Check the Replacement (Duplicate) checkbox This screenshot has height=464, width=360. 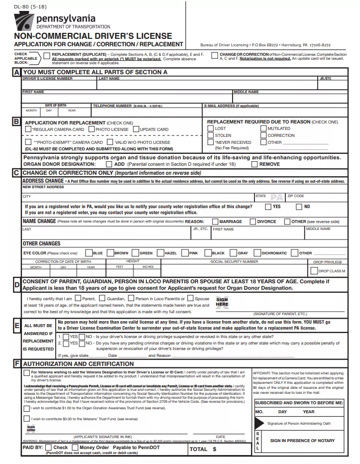[x=47, y=56]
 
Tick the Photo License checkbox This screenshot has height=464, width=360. [x=92, y=129]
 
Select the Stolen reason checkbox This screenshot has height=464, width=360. [x=210, y=135]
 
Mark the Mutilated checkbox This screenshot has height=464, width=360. [x=263, y=128]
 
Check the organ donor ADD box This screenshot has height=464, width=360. [x=109, y=164]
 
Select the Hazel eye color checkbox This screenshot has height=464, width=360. [x=160, y=253]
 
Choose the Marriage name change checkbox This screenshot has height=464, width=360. [x=215, y=222]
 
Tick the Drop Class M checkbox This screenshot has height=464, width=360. [x=314, y=271]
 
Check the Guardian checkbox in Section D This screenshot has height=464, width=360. [x=103, y=299]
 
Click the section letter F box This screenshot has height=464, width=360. [x=16, y=364]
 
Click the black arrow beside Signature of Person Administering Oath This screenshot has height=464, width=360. [x=259, y=423]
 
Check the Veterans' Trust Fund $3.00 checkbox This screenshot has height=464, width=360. [x=26, y=419]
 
